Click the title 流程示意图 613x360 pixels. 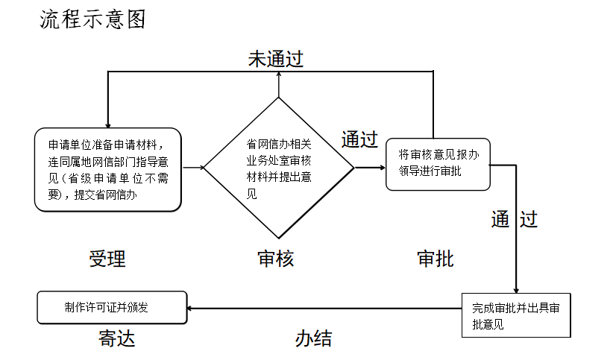(92, 19)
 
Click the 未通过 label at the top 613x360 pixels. (276, 59)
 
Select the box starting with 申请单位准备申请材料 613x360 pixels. (108, 168)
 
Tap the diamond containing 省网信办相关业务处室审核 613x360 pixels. (279, 168)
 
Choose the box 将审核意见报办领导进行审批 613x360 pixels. (438, 164)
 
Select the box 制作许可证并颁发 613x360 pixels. (112, 306)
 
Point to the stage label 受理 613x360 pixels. (107, 259)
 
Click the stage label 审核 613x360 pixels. (276, 259)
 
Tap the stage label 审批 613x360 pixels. (436, 259)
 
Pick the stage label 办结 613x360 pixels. (313, 339)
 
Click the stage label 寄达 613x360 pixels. (117, 339)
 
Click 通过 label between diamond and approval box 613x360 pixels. (359, 139)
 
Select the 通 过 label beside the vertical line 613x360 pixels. (514, 219)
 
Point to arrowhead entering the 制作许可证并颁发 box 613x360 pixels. (192, 307)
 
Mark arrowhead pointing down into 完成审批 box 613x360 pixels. (515, 288)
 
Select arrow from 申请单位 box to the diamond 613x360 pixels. (193, 168)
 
